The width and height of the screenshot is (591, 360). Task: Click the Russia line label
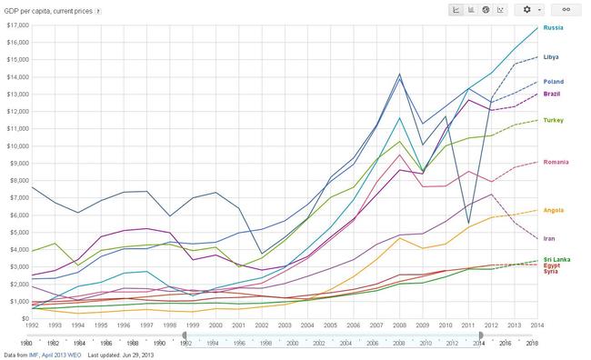[553, 27]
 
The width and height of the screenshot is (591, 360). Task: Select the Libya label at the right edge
[551, 57]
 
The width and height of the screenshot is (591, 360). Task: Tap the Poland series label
[554, 82]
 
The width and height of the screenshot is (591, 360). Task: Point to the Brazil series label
[551, 94]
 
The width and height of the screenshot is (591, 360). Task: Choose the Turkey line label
[554, 120]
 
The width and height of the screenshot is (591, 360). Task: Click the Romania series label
[556, 162]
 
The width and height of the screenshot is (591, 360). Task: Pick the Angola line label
[554, 210]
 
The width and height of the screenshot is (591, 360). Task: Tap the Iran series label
[549, 238]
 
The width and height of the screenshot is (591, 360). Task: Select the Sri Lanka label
[556, 259]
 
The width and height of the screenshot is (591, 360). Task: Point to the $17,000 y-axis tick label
[17, 25]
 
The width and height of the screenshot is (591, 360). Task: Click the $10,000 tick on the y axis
[17, 145]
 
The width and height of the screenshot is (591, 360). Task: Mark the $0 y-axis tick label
[25, 318]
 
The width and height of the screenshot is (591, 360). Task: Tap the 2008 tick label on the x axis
[399, 325]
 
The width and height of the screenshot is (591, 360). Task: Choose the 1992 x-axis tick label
[32, 325]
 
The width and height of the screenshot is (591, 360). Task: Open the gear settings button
[530, 10]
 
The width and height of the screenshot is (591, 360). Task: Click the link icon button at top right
[566, 10]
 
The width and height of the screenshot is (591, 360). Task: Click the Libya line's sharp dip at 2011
[468, 223]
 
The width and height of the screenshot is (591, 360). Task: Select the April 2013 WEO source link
[61, 355]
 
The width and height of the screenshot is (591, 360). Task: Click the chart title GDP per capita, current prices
[48, 11]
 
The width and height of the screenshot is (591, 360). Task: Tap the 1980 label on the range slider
[26, 343]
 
